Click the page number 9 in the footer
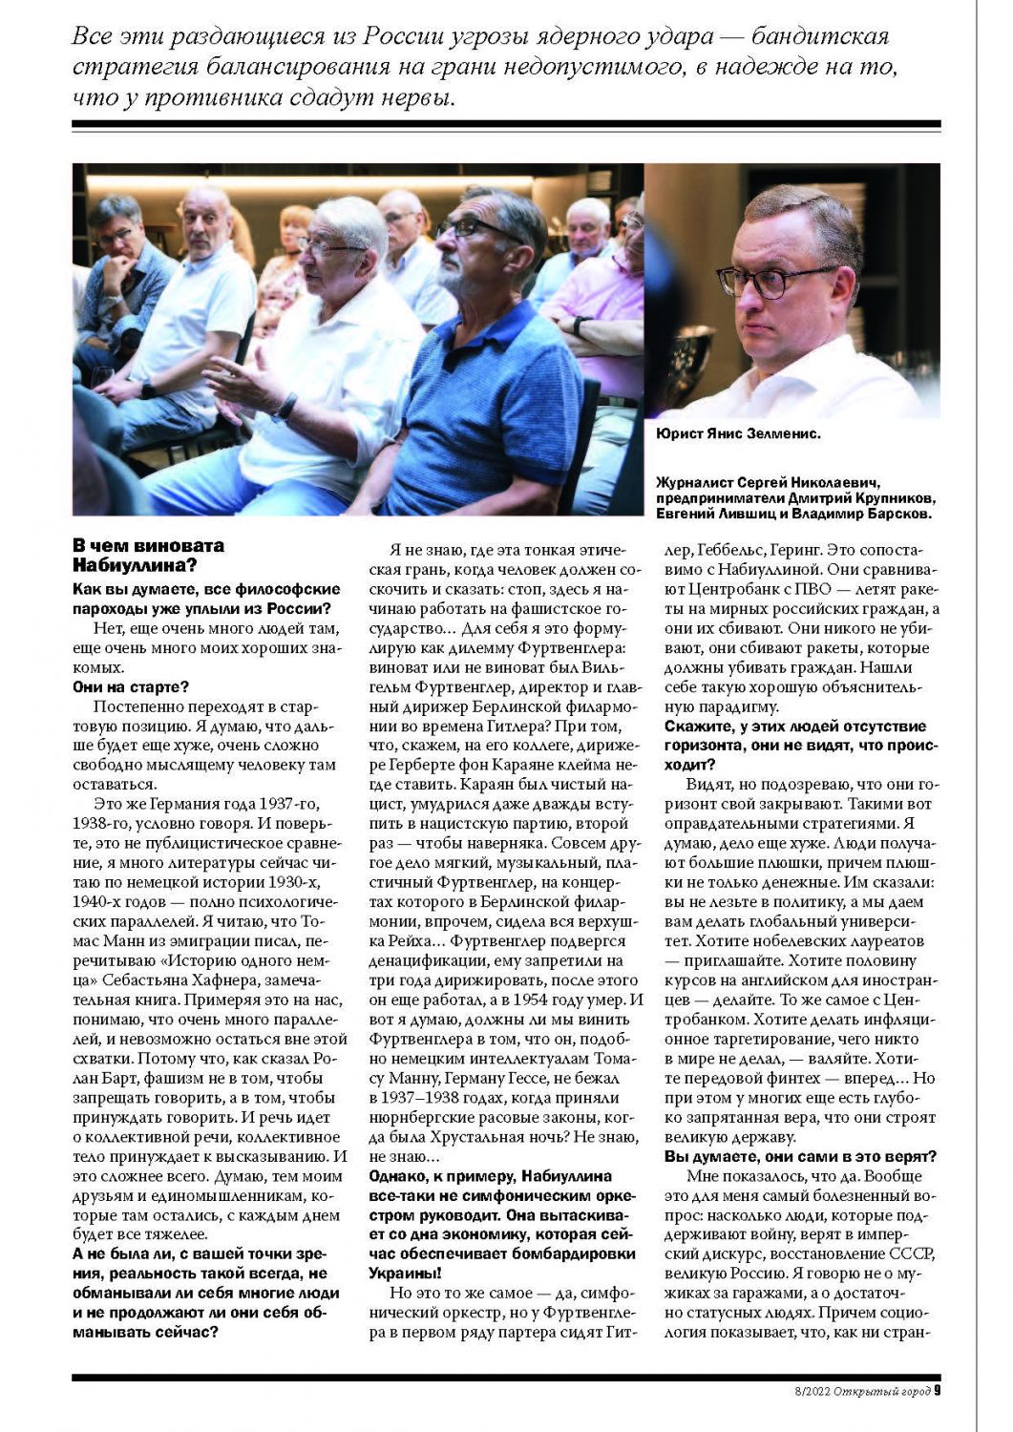937,1390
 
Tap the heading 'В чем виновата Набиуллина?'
149,555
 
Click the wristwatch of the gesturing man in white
285,408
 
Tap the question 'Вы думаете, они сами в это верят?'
800,1156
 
